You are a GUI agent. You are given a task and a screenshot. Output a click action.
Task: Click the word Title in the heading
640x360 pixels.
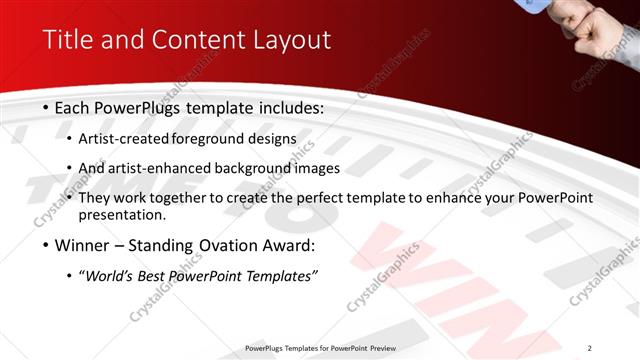(66, 41)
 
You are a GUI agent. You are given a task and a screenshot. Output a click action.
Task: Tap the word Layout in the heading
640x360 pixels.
(291, 41)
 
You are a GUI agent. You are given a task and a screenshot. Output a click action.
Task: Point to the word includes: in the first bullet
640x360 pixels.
(291, 107)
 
